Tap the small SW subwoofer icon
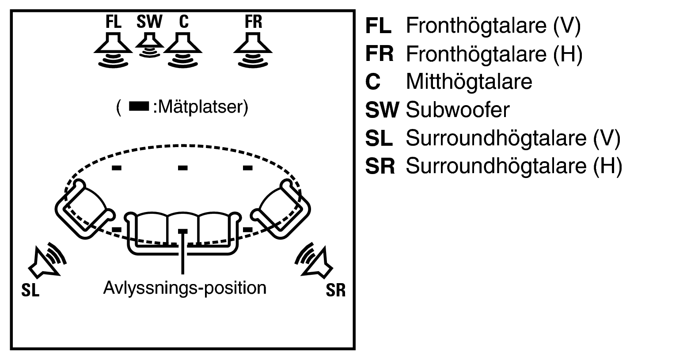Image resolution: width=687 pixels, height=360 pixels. [149, 44]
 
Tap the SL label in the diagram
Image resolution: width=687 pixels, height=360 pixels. [30, 291]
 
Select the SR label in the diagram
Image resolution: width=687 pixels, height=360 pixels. [335, 291]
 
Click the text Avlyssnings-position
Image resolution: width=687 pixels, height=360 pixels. [185, 288]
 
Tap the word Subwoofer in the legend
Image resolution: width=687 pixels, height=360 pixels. [457, 110]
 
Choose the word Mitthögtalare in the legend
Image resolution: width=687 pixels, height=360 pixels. [469, 82]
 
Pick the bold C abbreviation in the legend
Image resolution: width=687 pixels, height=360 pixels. [373, 82]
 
